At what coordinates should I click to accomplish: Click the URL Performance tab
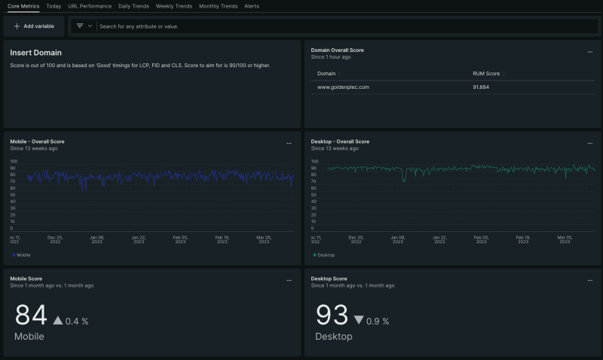(90, 6)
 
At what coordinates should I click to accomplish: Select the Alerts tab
(252, 6)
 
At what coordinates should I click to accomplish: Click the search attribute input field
(301, 26)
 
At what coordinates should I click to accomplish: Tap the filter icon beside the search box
(80, 26)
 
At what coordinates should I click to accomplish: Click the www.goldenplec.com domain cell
(343, 87)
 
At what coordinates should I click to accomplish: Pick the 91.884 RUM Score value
(481, 87)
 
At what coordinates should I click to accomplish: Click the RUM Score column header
(485, 74)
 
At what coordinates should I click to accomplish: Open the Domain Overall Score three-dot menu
(590, 52)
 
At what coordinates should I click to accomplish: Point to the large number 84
(31, 316)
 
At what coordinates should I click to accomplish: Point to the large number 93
(332, 316)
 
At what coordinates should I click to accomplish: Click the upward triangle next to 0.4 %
(58, 321)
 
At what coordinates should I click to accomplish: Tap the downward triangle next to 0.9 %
(358, 321)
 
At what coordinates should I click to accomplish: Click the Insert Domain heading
(35, 53)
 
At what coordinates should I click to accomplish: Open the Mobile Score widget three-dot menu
(289, 280)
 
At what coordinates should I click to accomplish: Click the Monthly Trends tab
(218, 6)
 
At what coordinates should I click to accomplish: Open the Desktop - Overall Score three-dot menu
(590, 143)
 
